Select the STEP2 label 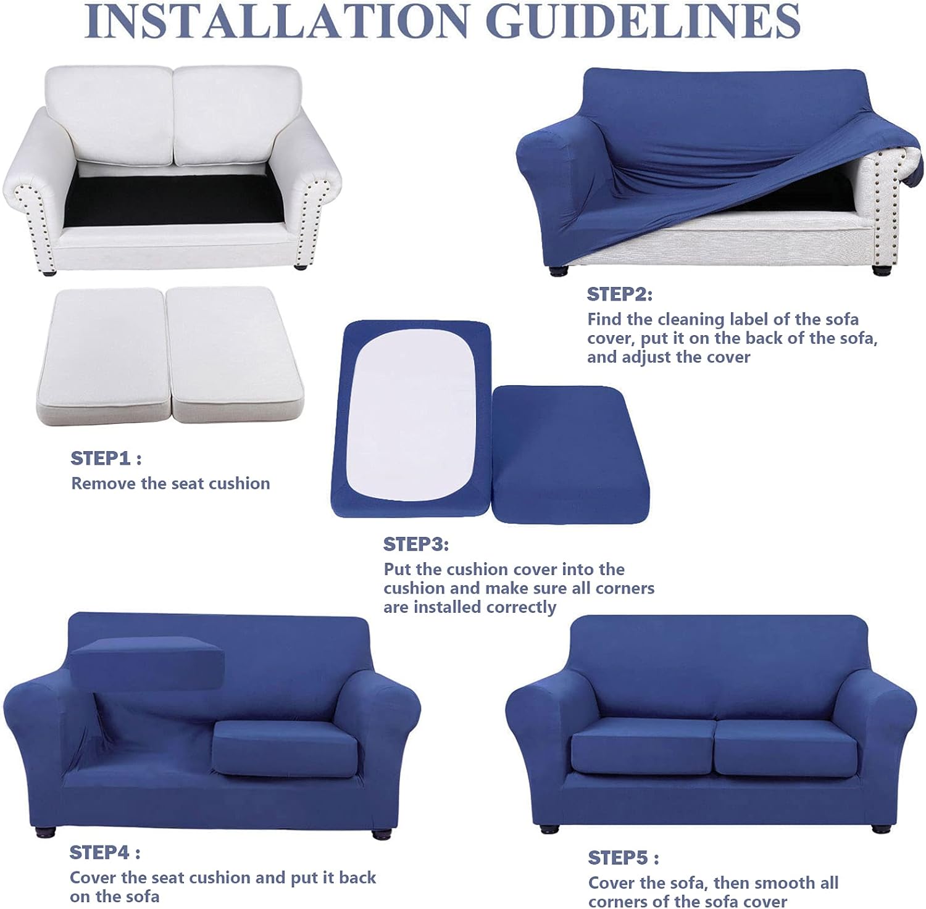[618, 294]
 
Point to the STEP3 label [415, 544]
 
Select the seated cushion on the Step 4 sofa [285, 749]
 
